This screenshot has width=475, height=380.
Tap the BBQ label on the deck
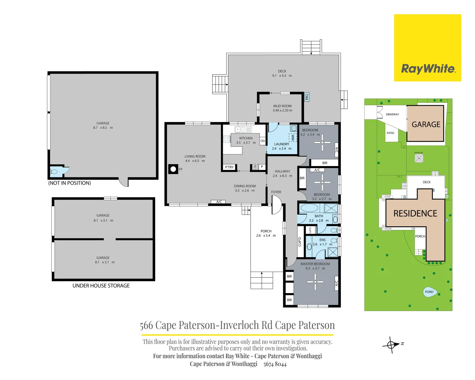(x=306, y=96)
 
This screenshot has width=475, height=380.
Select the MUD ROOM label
(x=282, y=106)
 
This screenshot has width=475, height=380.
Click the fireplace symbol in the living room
(x=173, y=169)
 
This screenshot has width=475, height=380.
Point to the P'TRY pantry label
(x=229, y=167)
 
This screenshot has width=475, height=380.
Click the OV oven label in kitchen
(x=262, y=141)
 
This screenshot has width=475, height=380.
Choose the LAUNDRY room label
(x=281, y=144)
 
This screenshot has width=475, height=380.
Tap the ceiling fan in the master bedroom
(x=315, y=282)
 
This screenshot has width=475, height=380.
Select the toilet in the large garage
(x=54, y=172)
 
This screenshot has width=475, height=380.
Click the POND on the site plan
(x=430, y=292)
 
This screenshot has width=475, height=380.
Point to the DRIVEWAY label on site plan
(x=392, y=114)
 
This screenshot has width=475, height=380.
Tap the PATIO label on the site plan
(x=390, y=133)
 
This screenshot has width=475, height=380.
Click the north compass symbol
(x=391, y=345)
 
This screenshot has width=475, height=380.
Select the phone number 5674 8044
(x=275, y=364)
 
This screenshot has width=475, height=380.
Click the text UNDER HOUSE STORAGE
(x=101, y=286)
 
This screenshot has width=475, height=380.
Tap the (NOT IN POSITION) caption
(x=70, y=183)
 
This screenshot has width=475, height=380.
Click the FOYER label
(x=276, y=192)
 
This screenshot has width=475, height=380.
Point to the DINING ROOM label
(x=245, y=186)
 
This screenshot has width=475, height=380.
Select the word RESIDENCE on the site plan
(x=415, y=214)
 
